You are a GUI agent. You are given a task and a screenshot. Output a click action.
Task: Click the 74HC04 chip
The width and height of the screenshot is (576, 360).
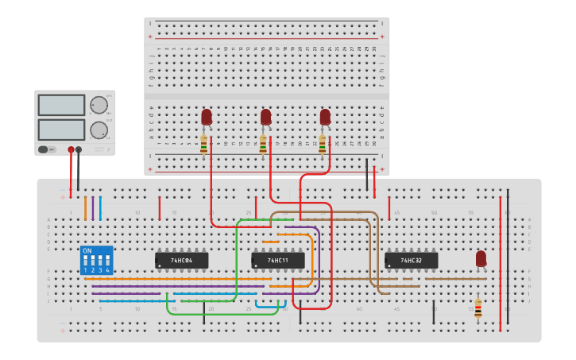[181, 260]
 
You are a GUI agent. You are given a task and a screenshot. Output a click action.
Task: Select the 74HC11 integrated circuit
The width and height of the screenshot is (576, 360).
[277, 260]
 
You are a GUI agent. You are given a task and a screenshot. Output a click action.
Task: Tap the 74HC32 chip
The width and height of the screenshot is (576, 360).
[411, 260]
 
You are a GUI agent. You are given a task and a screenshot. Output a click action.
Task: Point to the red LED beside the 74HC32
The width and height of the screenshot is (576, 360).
[481, 259]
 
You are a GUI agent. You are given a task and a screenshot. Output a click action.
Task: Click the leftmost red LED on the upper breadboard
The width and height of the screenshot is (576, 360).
[207, 118]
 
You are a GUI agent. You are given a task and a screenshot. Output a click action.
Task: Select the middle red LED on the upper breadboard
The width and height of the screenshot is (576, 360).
[265, 118]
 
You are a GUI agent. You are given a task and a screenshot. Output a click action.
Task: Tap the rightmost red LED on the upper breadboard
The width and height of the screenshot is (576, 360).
[325, 118]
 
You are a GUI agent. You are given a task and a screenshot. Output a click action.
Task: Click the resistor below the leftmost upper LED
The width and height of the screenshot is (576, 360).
[204, 145]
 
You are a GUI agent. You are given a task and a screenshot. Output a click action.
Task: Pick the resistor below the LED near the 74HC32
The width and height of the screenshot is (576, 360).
[477, 308]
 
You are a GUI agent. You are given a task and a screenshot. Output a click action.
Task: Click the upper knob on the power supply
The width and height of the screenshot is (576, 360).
[99, 105]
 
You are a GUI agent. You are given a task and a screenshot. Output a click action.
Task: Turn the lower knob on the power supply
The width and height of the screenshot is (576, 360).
[99, 130]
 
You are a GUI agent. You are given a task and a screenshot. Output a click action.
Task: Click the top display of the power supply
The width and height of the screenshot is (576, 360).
[61, 105]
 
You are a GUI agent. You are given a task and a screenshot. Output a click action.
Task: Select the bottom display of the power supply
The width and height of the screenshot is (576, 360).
[61, 129]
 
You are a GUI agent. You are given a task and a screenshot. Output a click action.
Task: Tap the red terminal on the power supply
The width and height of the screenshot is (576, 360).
[71, 149]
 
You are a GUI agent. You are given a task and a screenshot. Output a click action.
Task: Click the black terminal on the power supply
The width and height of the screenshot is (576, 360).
[78, 149]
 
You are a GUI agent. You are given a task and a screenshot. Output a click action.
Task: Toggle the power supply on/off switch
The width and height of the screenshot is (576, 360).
[47, 149]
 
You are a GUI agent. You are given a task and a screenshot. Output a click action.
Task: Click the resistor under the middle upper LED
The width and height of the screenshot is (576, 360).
[263, 145]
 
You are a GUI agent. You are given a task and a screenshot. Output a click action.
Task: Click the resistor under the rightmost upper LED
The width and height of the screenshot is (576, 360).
[322, 145]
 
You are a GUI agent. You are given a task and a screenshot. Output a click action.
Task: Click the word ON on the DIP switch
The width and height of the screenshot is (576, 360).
[87, 251]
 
